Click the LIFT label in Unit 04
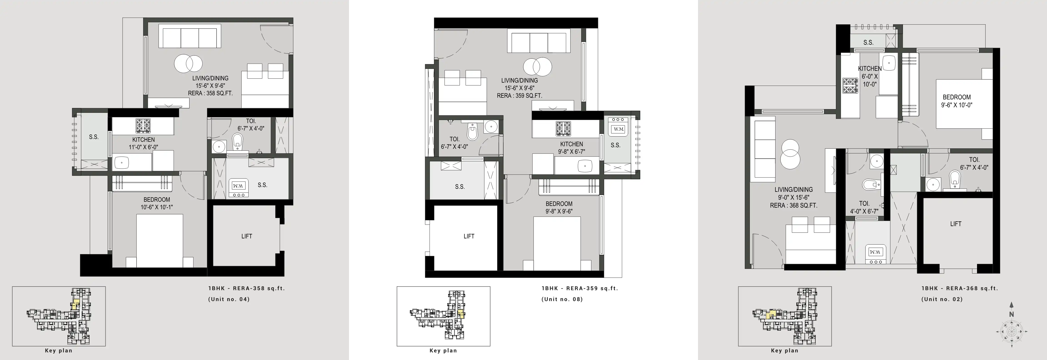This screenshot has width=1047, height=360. tap(247, 236)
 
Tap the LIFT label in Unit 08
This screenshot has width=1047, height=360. tap(469, 236)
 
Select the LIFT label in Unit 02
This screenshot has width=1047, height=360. tap(956, 224)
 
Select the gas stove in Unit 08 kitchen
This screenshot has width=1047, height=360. tap(563, 129)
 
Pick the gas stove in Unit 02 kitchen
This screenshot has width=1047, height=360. tap(850, 86)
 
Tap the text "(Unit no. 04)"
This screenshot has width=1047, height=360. tap(229, 300)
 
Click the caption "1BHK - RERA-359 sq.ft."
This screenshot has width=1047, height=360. tap(580, 288)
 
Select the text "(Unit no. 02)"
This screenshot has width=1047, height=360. tap(942, 300)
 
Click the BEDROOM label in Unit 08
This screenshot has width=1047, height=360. tap(559, 204)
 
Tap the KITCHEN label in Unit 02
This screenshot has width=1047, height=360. tap(870, 69)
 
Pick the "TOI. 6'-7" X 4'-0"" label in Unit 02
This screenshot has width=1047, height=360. tap(974, 163)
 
